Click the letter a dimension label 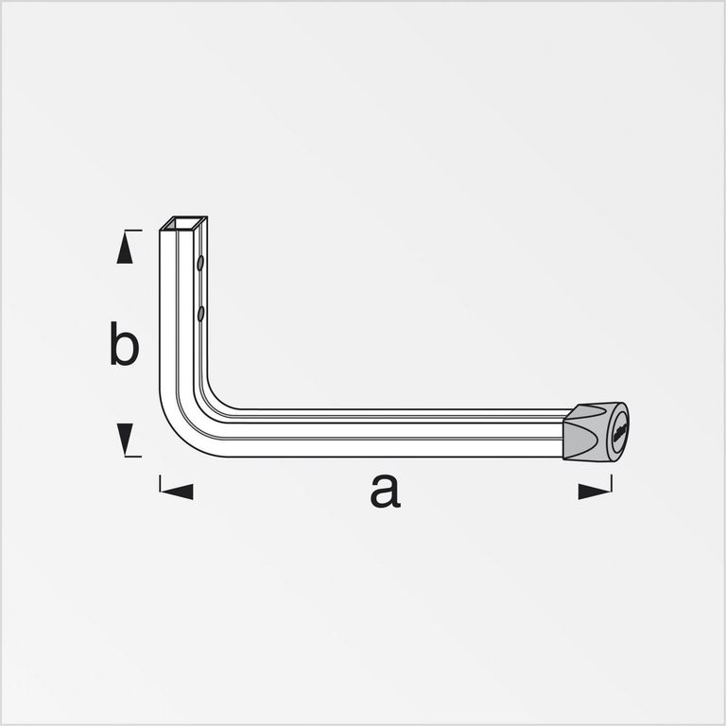[x=386, y=491]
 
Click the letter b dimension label [x=124, y=343]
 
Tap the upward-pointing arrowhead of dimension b [x=125, y=248]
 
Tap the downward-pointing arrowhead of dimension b [x=125, y=439]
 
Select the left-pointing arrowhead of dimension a [x=177, y=492]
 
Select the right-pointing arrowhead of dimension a [x=595, y=492]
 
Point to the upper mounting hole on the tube [x=200, y=263]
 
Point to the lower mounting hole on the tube [x=200, y=314]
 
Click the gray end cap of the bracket [x=596, y=432]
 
